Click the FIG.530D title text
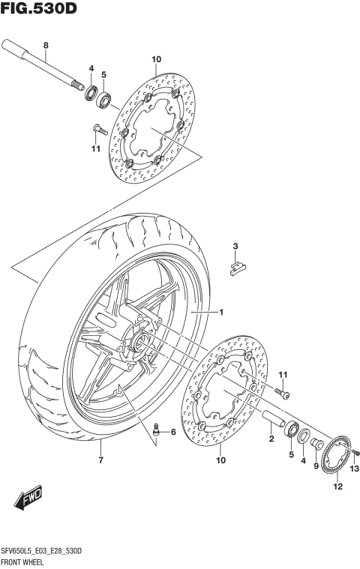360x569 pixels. pyautogui.click(x=38, y=9)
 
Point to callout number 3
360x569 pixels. pyautogui.click(x=235, y=246)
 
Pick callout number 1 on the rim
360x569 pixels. pyautogui.click(x=221, y=311)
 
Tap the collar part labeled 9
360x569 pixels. pyautogui.click(x=317, y=444)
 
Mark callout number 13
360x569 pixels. pyautogui.click(x=355, y=469)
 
